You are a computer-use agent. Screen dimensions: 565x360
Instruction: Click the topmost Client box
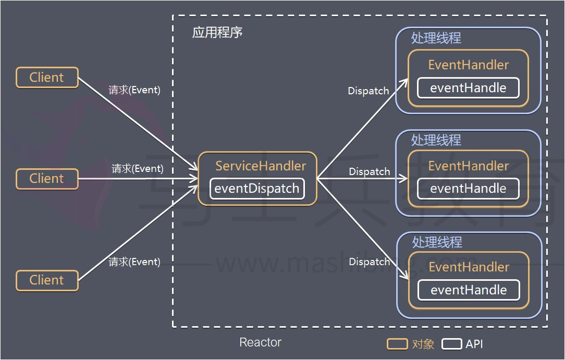click(x=47, y=78)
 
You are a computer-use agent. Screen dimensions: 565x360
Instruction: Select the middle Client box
click(x=47, y=179)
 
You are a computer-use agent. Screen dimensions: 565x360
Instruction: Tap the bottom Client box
click(x=47, y=280)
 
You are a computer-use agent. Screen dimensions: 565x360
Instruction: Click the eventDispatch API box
click(x=257, y=188)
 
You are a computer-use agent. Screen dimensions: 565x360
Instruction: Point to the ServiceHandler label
click(x=261, y=166)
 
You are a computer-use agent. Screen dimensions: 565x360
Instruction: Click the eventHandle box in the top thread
click(x=468, y=88)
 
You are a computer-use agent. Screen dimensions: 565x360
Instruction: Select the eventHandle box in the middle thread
click(x=468, y=189)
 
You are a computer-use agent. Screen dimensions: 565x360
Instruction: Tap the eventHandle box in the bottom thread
click(x=469, y=290)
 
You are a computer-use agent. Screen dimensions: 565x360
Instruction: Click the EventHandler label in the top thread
click(x=469, y=65)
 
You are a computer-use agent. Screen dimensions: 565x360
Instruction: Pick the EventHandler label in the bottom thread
click(x=469, y=267)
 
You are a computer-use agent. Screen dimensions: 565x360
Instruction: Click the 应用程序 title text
click(x=217, y=32)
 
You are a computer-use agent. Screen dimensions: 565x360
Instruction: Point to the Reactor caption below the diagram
click(x=260, y=342)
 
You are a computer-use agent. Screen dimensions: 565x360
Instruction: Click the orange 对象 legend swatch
click(x=397, y=344)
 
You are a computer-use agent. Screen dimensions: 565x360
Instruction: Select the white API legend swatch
click(x=452, y=344)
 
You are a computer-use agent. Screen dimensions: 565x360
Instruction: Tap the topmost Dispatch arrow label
click(x=369, y=91)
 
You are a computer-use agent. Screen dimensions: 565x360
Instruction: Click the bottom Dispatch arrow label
click(x=370, y=262)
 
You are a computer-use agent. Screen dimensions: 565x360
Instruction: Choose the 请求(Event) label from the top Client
click(x=134, y=90)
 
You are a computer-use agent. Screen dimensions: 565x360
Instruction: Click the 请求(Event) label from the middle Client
click(x=137, y=168)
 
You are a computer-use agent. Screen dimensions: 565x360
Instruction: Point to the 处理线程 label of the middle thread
click(x=436, y=140)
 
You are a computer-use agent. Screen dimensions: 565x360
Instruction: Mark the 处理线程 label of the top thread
click(x=436, y=38)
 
